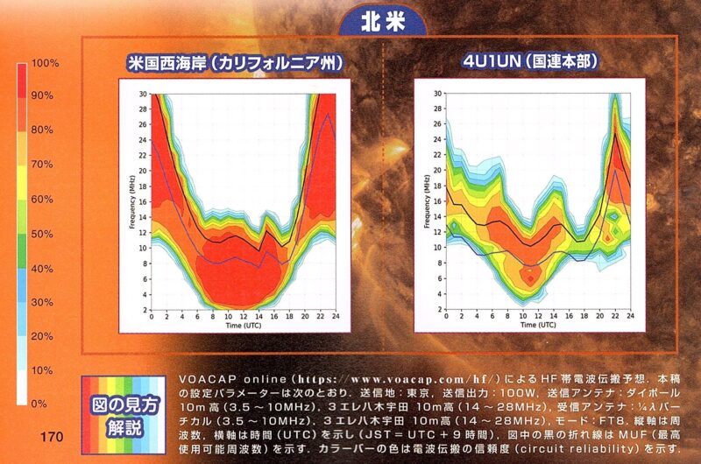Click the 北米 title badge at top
coord(383,22)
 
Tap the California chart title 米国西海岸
coord(234,63)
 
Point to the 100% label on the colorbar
coord(44,64)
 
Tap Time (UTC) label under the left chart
coord(245,325)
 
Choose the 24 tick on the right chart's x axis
coord(629,315)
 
